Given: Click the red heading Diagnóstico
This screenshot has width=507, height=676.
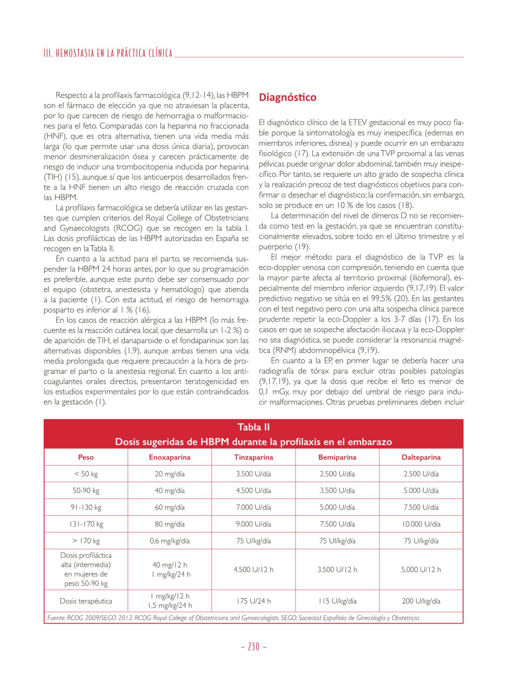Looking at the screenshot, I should coord(287,97).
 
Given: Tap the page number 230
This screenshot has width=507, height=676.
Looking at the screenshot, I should coord(253,646).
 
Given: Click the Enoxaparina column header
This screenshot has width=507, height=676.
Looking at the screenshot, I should coord(170,457).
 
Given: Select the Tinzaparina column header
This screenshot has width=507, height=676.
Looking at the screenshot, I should coord(253,457).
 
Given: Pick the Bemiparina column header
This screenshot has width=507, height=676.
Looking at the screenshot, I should coord(337,457).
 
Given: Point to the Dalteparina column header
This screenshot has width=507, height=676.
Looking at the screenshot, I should coord(421,457).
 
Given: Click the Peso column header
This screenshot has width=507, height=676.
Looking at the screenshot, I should coord(86,457).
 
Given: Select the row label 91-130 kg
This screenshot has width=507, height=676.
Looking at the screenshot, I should coord(86,507).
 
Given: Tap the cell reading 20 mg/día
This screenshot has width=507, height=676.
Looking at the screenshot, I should coord(170,474).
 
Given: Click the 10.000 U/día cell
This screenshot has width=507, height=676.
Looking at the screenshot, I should coord(421,524).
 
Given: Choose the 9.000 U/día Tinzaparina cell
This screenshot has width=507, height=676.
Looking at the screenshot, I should coord(253,524).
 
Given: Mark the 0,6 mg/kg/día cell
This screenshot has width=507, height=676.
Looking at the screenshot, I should coord(170,541).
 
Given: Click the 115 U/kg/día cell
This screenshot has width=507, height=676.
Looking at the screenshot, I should coord(337,601).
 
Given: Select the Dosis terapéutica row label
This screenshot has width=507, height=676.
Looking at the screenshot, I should coord(86,601).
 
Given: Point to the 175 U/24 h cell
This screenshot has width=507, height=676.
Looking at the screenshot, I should coord(253,601).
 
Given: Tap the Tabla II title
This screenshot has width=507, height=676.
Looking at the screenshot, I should coord(253,427).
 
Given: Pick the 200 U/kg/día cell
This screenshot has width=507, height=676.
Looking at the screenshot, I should coord(421,601).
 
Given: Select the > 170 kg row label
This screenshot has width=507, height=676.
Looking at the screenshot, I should coord(86,541).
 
